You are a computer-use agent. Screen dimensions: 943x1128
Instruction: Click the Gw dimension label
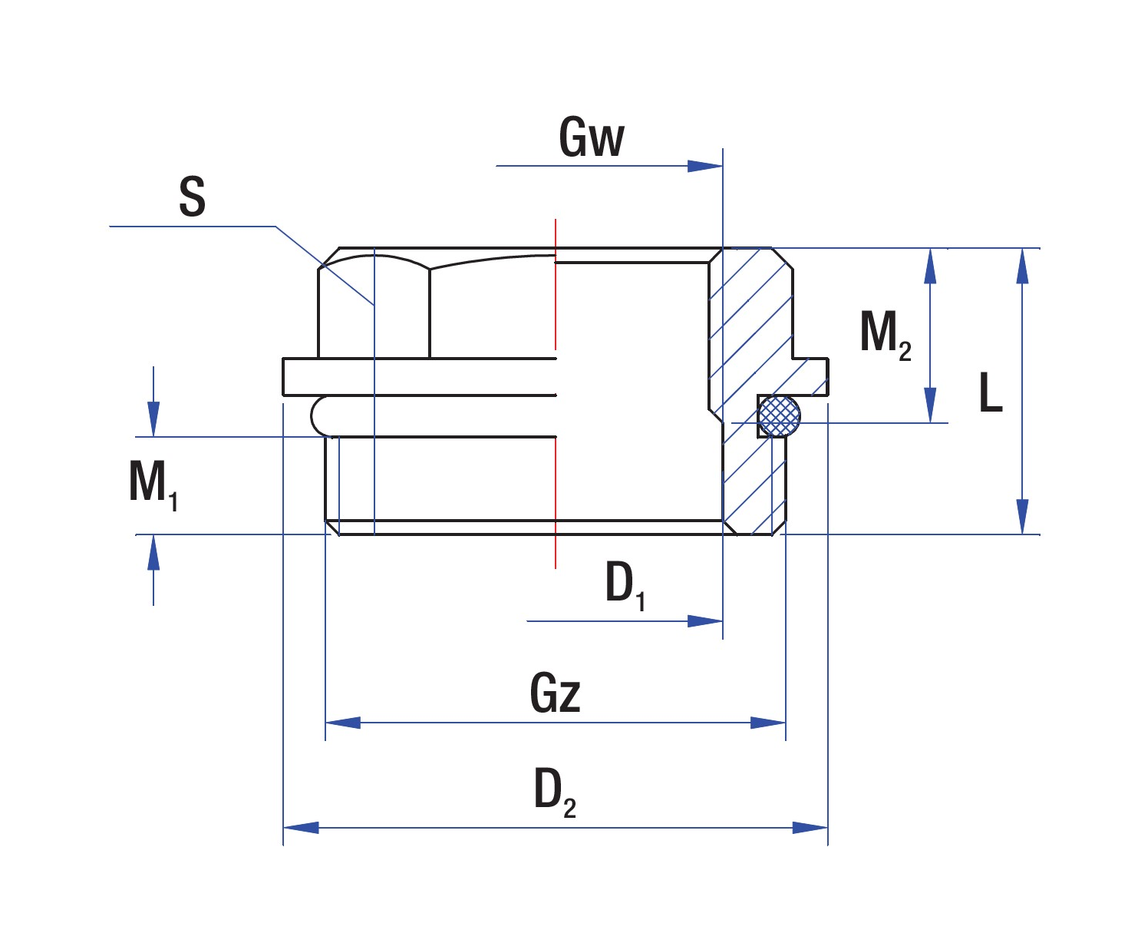pyautogui.click(x=592, y=137)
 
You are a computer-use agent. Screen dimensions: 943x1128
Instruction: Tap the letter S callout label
pyautogui.click(x=192, y=197)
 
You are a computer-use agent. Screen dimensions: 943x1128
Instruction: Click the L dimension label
pyautogui.click(x=991, y=392)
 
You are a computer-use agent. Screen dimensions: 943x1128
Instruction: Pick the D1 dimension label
pyautogui.click(x=625, y=584)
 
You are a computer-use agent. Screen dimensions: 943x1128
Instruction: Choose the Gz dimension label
pyautogui.click(x=555, y=693)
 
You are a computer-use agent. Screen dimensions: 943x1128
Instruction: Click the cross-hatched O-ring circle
pyautogui.click(x=779, y=415)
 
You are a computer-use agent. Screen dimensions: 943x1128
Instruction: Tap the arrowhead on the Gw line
pyautogui.click(x=704, y=166)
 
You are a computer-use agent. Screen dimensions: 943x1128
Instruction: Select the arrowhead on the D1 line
pyautogui.click(x=704, y=620)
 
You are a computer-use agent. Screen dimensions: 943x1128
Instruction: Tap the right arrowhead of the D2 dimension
pyautogui.click(x=810, y=828)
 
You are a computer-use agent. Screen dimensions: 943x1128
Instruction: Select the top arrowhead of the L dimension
pyautogui.click(x=1022, y=266)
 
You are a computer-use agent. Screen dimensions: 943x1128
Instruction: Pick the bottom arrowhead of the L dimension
pyautogui.click(x=1022, y=516)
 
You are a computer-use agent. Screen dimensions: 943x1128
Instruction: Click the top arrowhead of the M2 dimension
pyautogui.click(x=930, y=266)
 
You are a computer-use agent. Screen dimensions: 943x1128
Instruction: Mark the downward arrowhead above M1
pyautogui.click(x=153, y=419)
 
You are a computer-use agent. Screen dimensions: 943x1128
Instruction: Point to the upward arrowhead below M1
pyautogui.click(x=153, y=553)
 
